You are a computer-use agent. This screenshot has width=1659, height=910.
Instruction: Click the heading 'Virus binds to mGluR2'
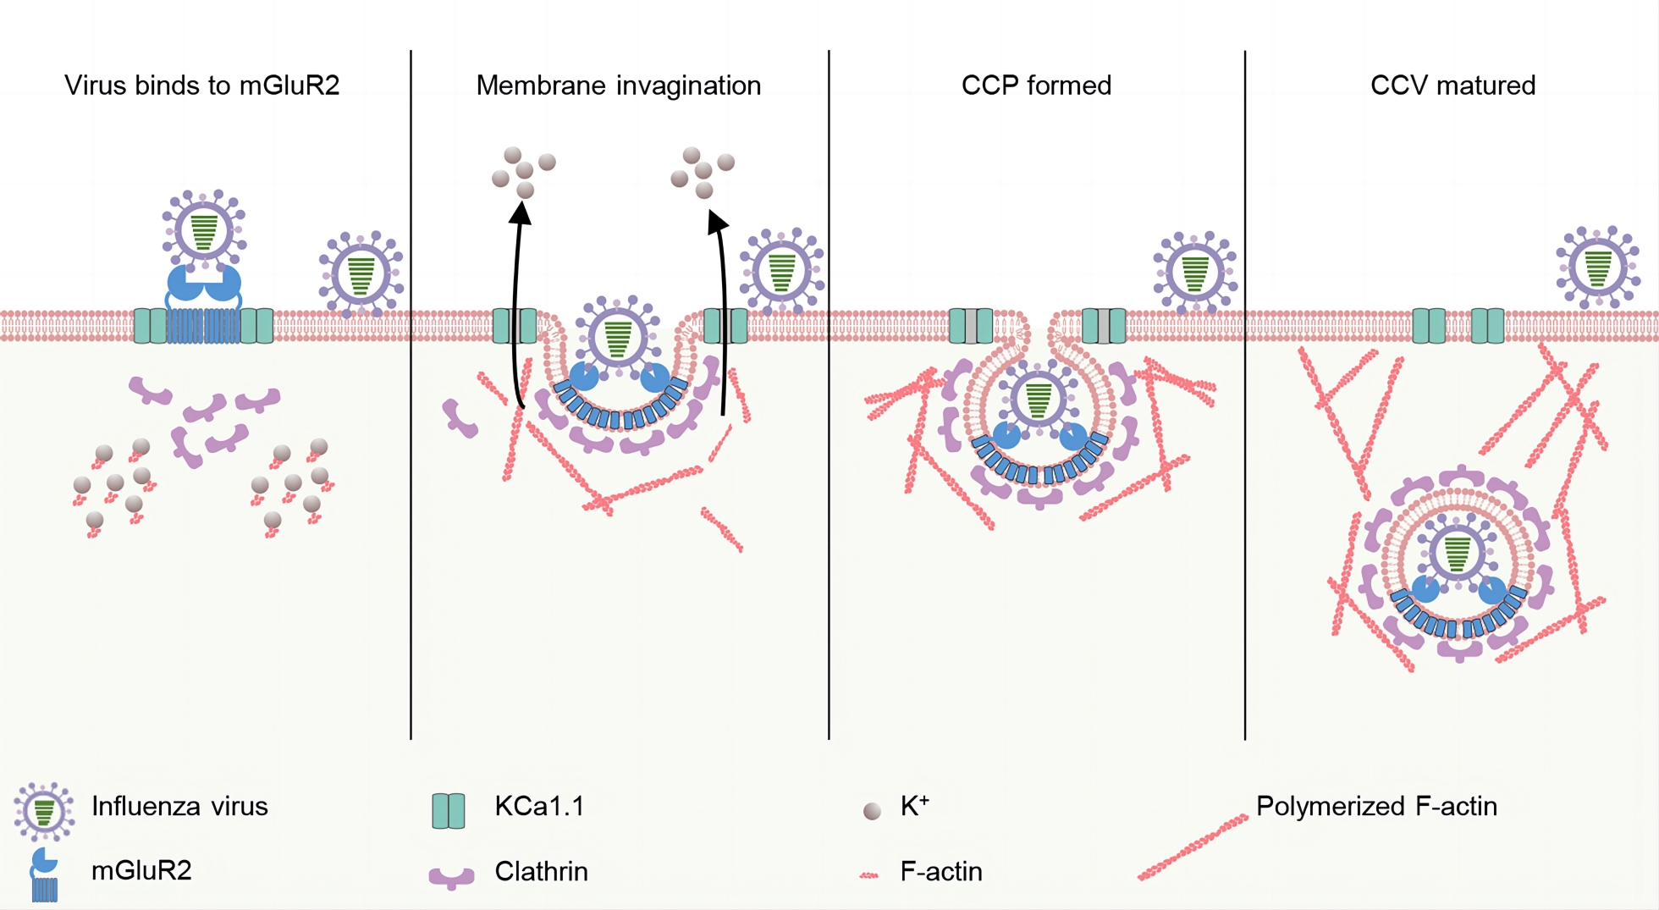tap(201, 85)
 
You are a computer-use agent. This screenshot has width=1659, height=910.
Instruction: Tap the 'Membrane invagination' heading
tap(618, 85)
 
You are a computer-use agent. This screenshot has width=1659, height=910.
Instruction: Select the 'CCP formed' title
tap(1036, 85)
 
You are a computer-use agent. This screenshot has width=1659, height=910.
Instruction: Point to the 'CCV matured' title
tap(1452, 85)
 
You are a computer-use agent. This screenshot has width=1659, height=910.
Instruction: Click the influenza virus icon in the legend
tap(44, 810)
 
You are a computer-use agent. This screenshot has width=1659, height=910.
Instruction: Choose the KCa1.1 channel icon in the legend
tap(449, 810)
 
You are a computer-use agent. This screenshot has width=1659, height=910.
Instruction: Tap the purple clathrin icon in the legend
tap(451, 877)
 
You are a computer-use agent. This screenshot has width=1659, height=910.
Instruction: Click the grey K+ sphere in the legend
tap(872, 811)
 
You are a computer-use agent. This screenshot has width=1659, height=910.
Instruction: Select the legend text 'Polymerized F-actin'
tap(1376, 806)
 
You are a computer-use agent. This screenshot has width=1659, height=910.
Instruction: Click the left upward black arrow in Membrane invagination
tap(517, 305)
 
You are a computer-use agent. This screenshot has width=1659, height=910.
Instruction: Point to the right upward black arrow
tap(721, 313)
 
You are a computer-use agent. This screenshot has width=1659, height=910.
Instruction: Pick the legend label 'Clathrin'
tap(541, 871)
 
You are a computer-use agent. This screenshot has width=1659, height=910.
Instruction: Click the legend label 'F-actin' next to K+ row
tap(941, 871)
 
